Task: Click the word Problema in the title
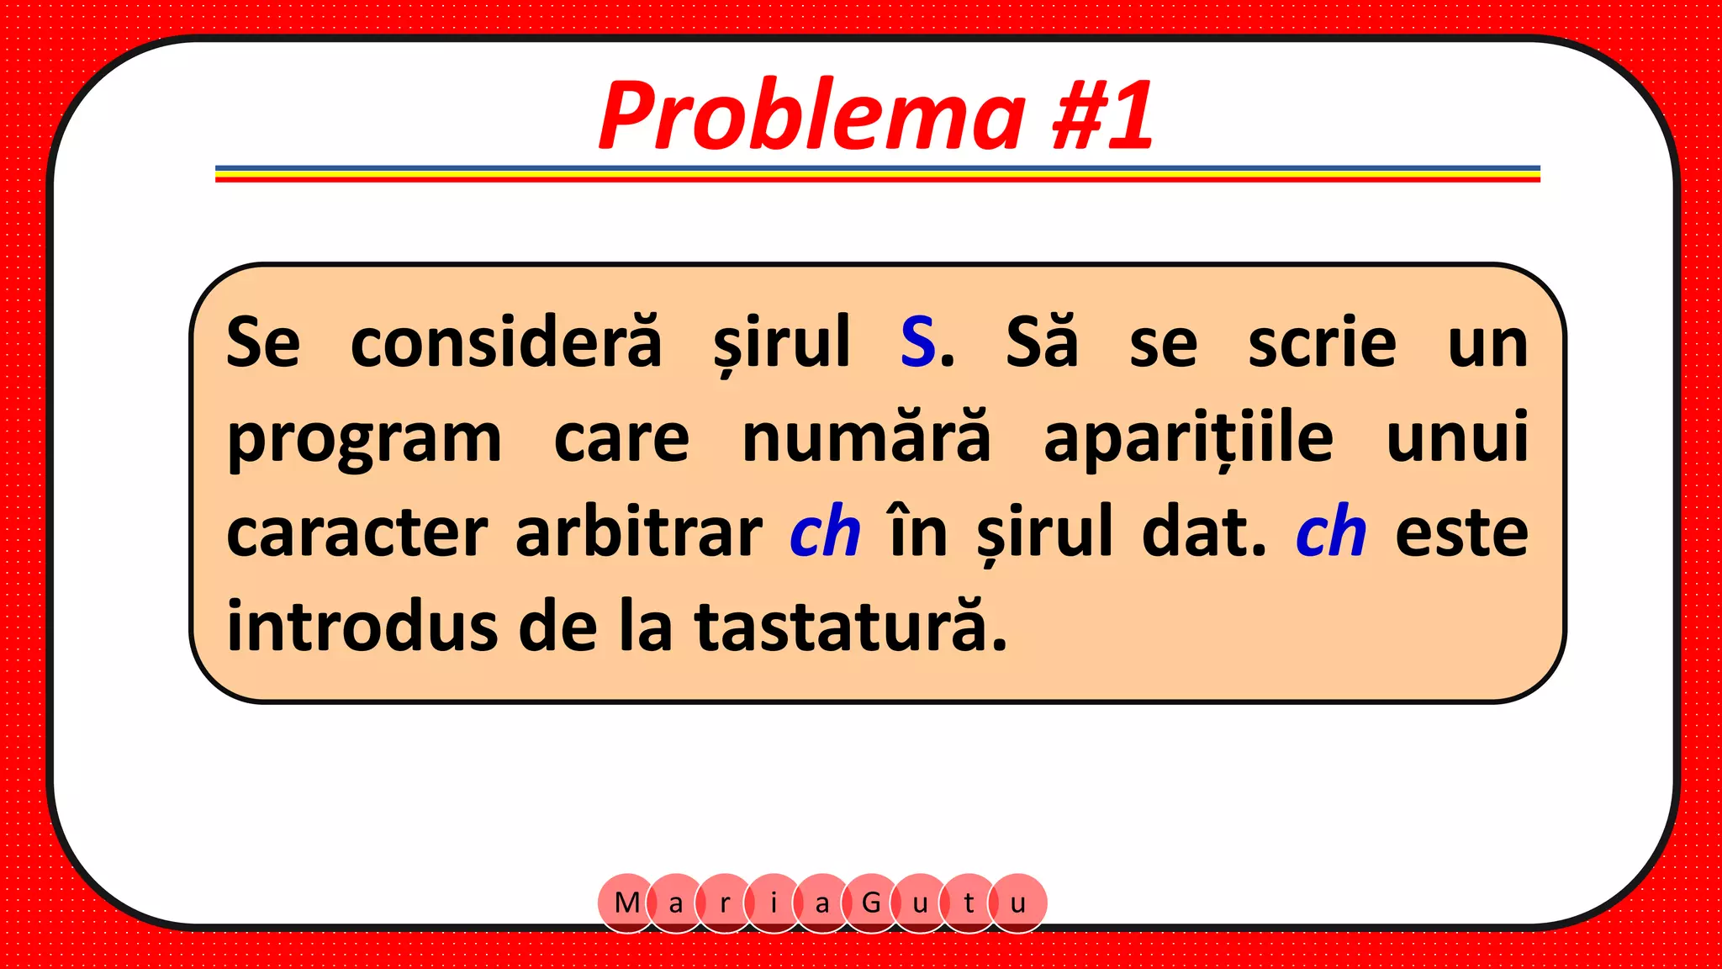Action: coord(811,116)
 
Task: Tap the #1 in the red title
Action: coord(1103,116)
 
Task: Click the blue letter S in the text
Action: coord(917,342)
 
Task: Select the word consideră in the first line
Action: coord(506,342)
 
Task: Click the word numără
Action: coord(866,437)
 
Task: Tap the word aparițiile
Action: coord(1188,437)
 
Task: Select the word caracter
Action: coord(357,533)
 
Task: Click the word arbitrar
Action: coord(639,533)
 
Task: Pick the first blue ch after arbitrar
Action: coord(825,533)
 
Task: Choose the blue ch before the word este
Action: coord(1331,533)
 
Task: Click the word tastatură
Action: coord(850,627)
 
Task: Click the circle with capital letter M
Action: coord(626,903)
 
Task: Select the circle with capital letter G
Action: coord(871,903)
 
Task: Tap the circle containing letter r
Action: coord(725,903)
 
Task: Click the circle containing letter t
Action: coord(969,903)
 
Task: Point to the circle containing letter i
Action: coord(774,903)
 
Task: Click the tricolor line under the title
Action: coord(877,173)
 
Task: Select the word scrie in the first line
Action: coord(1322,342)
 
